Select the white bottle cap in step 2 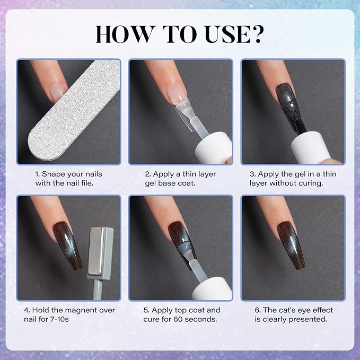(x=214, y=148)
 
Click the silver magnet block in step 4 (x=101, y=251)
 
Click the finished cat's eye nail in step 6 (x=291, y=245)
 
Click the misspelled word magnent (x=80, y=310)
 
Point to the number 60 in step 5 (x=178, y=319)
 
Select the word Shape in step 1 (x=50, y=174)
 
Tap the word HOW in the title (x=124, y=34)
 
